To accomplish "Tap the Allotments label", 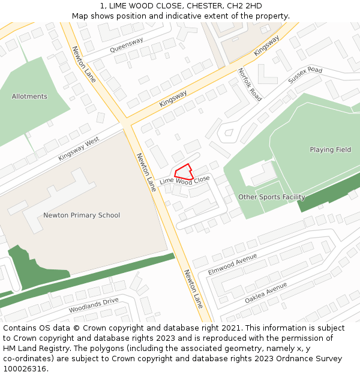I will coord(29,97).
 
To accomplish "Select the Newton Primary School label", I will coord(82,215).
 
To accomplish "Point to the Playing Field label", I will coord(331,150).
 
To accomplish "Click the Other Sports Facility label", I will coord(272,197).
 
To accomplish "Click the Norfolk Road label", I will coord(250,85).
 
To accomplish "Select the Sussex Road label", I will coord(305,75).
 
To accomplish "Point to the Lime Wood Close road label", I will coord(185,180).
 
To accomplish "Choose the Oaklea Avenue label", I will coord(266,293).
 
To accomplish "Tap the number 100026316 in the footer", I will coord(25,369).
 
